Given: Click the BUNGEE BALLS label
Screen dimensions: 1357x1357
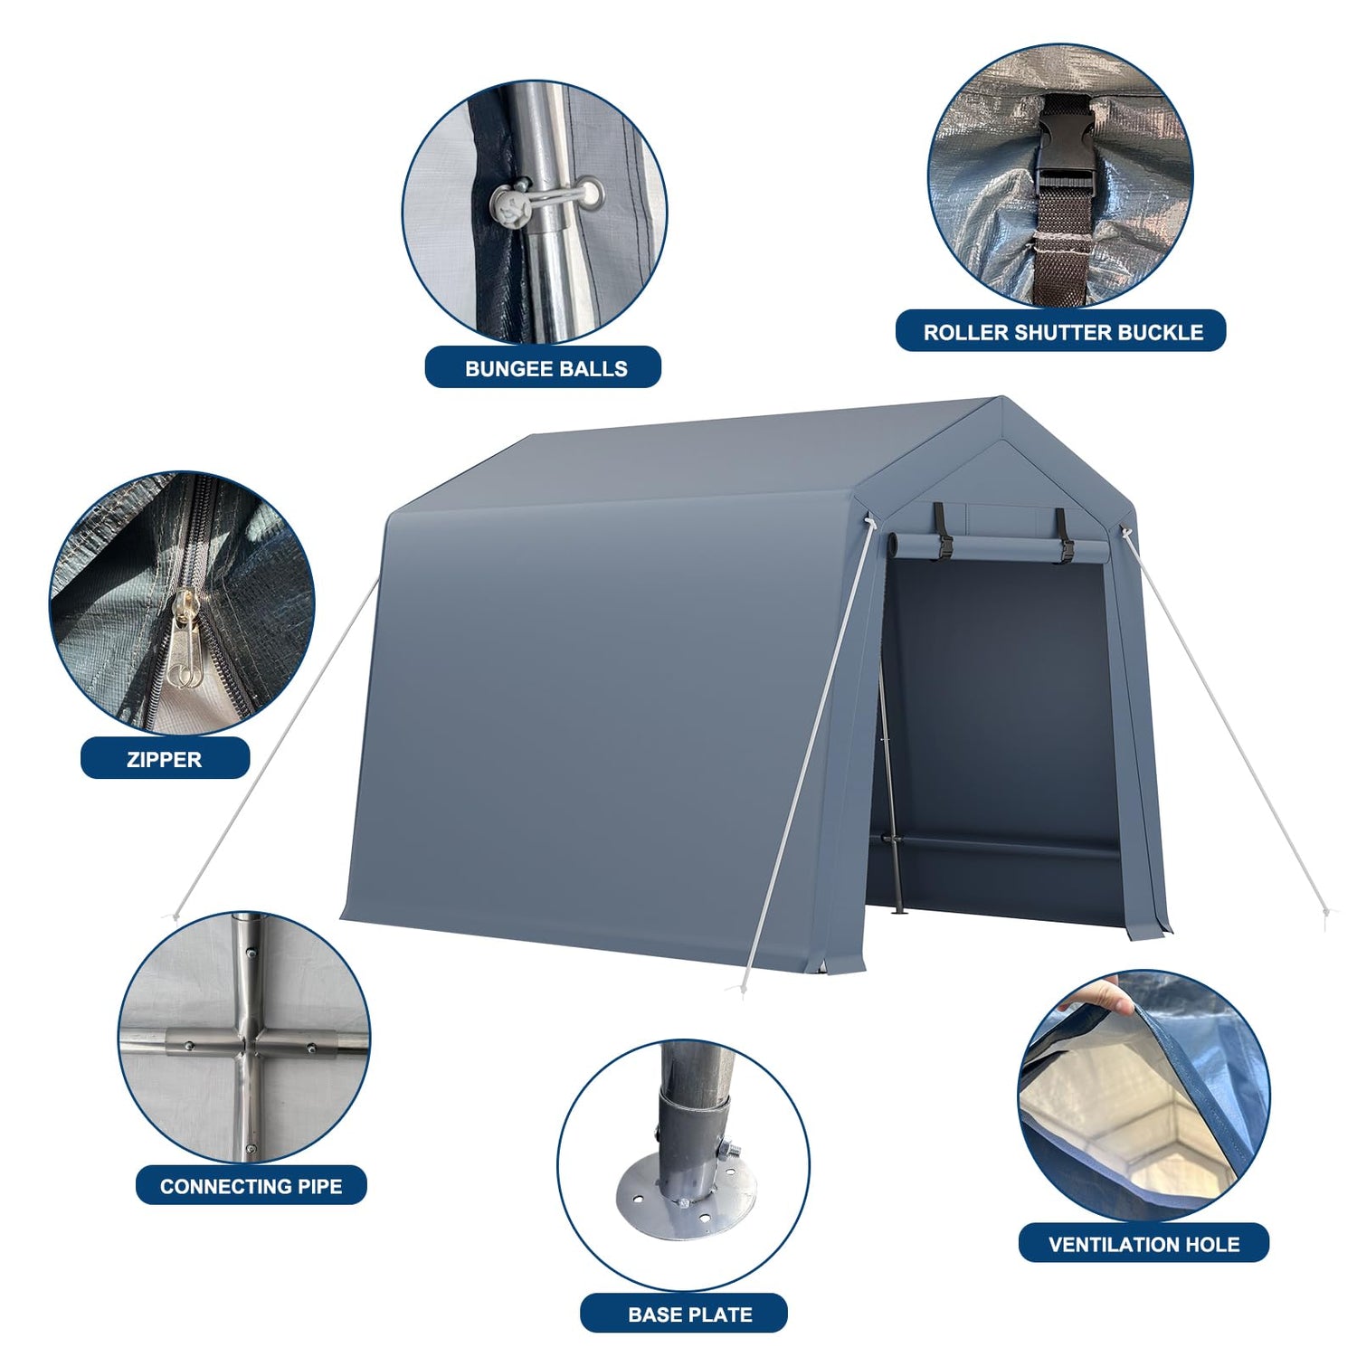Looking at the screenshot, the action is point(546,368).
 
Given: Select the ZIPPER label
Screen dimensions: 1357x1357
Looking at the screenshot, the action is point(164,759).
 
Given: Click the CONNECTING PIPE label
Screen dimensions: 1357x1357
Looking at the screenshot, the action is point(251,1186).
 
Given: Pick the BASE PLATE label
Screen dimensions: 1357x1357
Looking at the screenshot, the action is point(690,1314).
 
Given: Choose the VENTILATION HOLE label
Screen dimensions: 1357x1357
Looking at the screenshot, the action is point(1143,1245).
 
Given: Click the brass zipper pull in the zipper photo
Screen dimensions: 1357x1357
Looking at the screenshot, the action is point(184,638).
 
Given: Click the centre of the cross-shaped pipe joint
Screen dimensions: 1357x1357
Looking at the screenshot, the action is point(246,1043).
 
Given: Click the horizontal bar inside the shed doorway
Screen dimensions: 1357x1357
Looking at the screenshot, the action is point(1000,847).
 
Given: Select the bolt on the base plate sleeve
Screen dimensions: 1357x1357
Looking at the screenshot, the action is point(729,1150).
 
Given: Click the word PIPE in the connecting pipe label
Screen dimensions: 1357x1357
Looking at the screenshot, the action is point(318,1186).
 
